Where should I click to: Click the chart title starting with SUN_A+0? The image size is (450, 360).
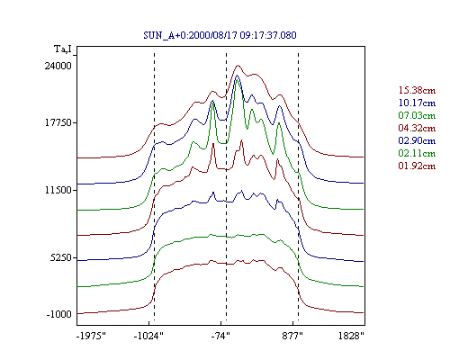pos(220,35)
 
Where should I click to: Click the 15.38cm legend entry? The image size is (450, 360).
pos(417,90)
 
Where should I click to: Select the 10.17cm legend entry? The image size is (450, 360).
pos(417,103)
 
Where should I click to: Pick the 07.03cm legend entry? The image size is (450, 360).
pos(417,115)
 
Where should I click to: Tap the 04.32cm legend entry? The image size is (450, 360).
pos(417,128)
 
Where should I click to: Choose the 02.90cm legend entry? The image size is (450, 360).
pos(417,140)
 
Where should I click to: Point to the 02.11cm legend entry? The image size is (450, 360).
pos(417,153)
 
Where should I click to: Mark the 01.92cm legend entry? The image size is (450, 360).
pos(417,166)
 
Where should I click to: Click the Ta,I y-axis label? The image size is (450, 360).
pos(63,49)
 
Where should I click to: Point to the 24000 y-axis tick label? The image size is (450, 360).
pos(58,66)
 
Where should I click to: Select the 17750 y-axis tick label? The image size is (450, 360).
pos(58,122)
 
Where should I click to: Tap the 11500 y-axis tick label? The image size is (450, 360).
pos(58,190)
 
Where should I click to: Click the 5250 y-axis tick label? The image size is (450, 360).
pos(61,257)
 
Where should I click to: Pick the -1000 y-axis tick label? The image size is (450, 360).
pos(58,314)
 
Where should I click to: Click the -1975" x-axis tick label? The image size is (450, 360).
pos(91,336)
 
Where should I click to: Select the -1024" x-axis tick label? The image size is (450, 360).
pos(148,336)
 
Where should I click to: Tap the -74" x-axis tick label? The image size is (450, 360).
pos(220,336)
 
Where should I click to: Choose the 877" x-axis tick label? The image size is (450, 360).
pos(292,336)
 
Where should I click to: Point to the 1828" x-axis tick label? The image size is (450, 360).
pos(351,336)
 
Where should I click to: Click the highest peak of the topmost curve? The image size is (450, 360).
pos(238,65)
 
